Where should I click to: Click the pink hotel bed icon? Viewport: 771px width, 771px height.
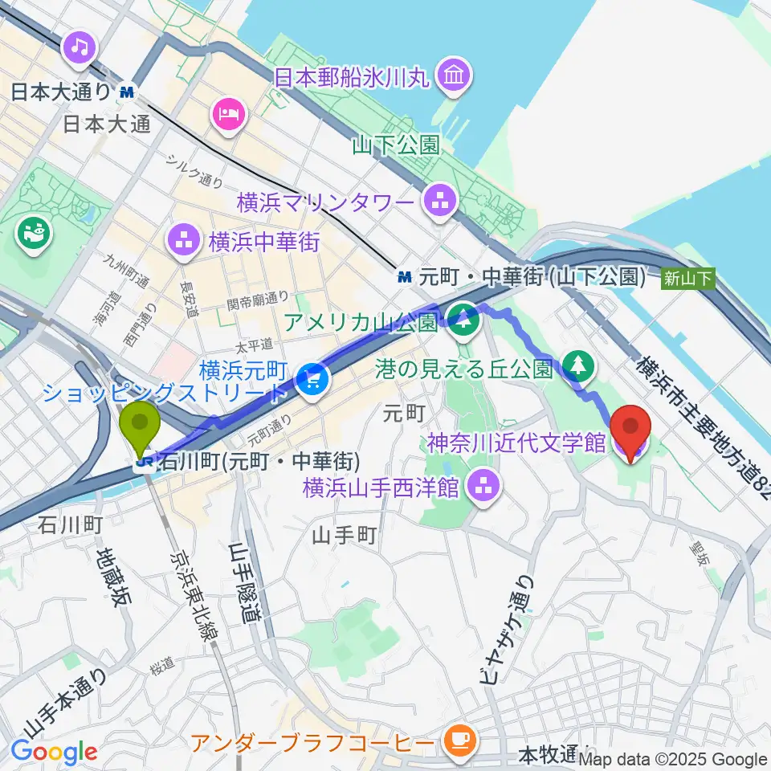point(227,113)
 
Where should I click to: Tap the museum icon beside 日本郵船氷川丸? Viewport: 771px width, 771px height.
point(454,76)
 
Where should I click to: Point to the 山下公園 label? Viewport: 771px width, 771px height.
point(396,145)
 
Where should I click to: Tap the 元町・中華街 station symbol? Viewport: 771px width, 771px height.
point(404,277)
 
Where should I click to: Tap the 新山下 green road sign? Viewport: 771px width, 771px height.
point(687,279)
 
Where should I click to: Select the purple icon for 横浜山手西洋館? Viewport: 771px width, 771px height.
point(483,485)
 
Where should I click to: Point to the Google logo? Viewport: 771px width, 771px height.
point(53,752)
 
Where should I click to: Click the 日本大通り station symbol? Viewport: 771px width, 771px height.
point(126,92)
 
